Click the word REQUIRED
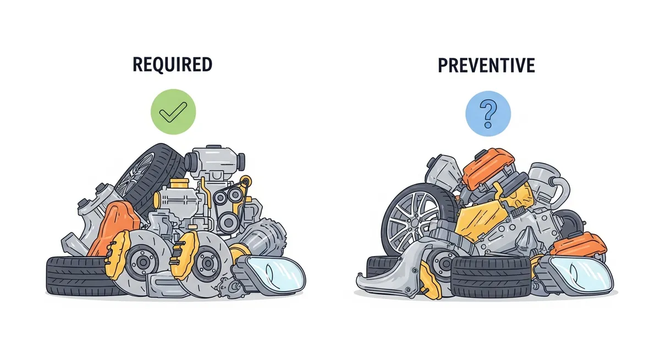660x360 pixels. pos(172,64)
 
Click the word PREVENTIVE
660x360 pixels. pos(486,65)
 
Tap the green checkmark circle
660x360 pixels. pos(173,112)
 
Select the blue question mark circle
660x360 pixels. pos(488,114)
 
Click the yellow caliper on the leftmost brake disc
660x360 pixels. pos(117,254)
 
